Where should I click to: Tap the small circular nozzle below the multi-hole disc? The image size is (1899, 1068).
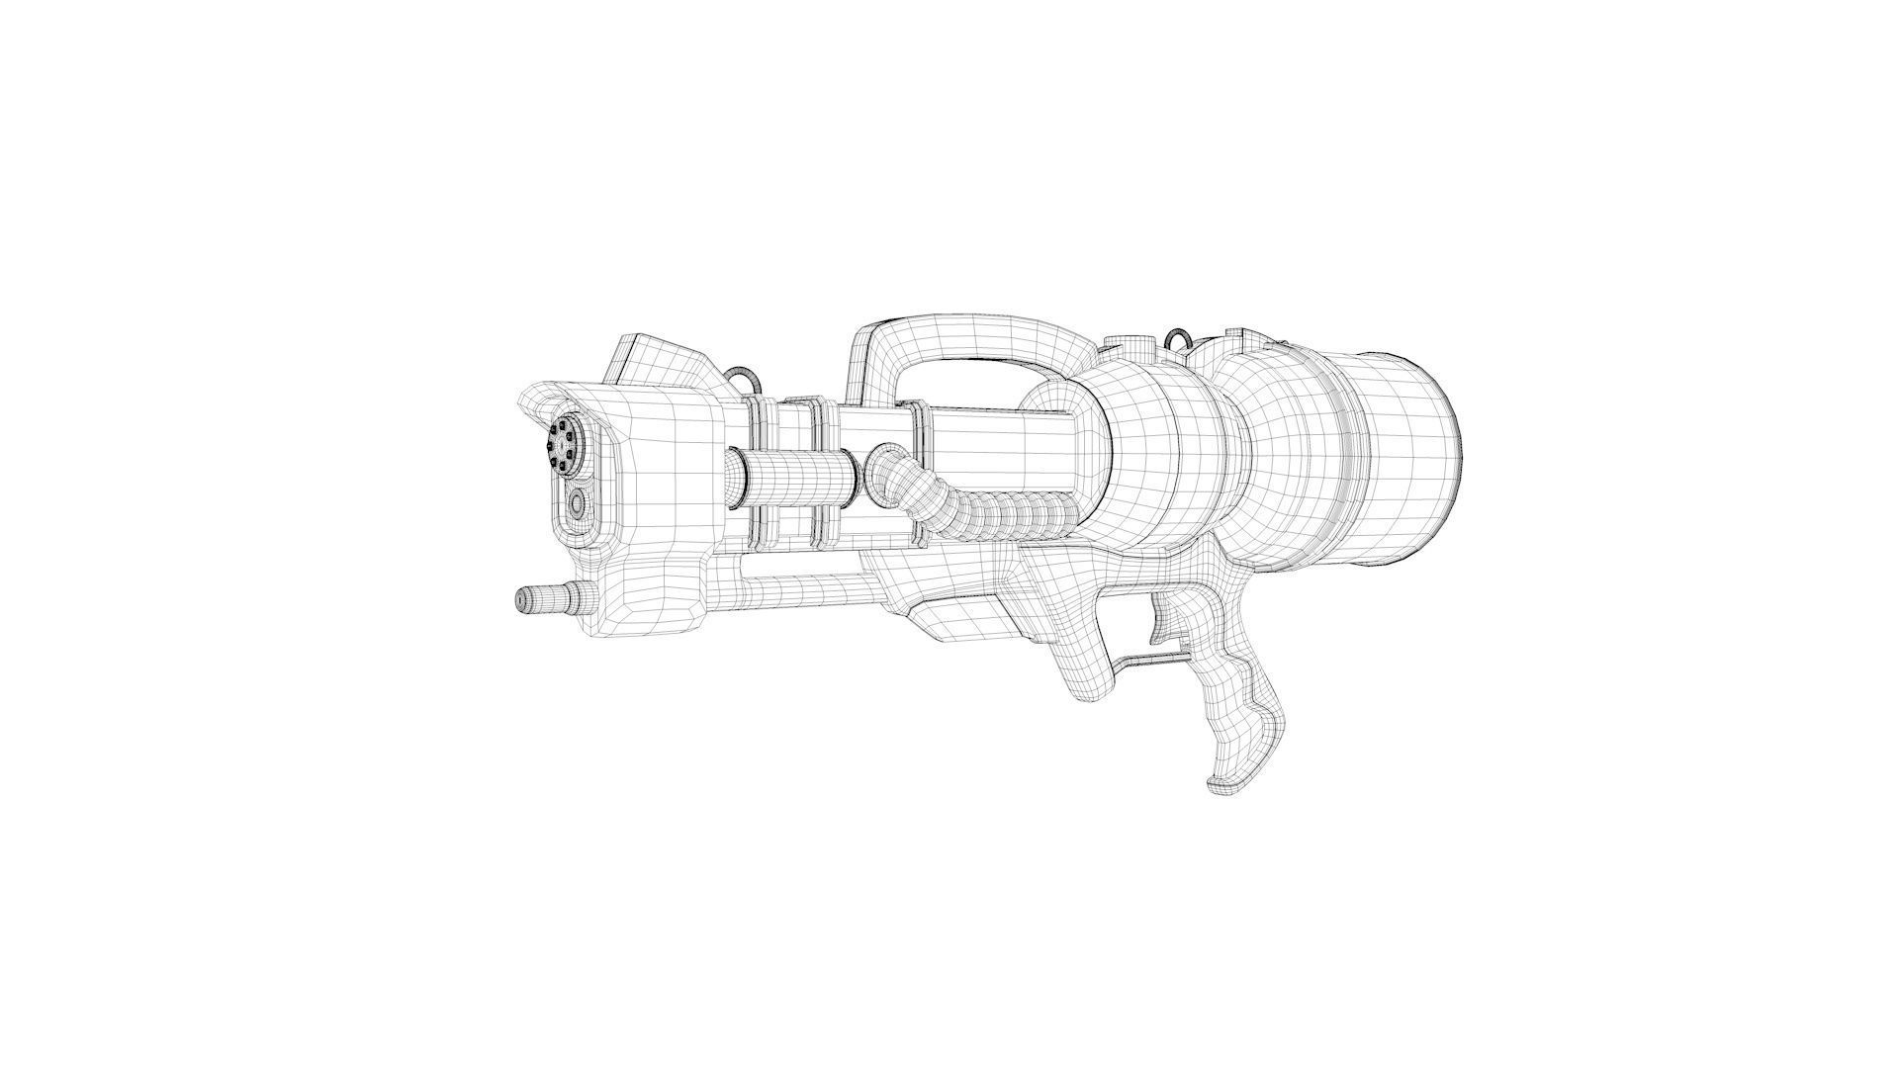coord(577,506)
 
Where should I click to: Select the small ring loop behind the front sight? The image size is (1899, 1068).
coord(744,378)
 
